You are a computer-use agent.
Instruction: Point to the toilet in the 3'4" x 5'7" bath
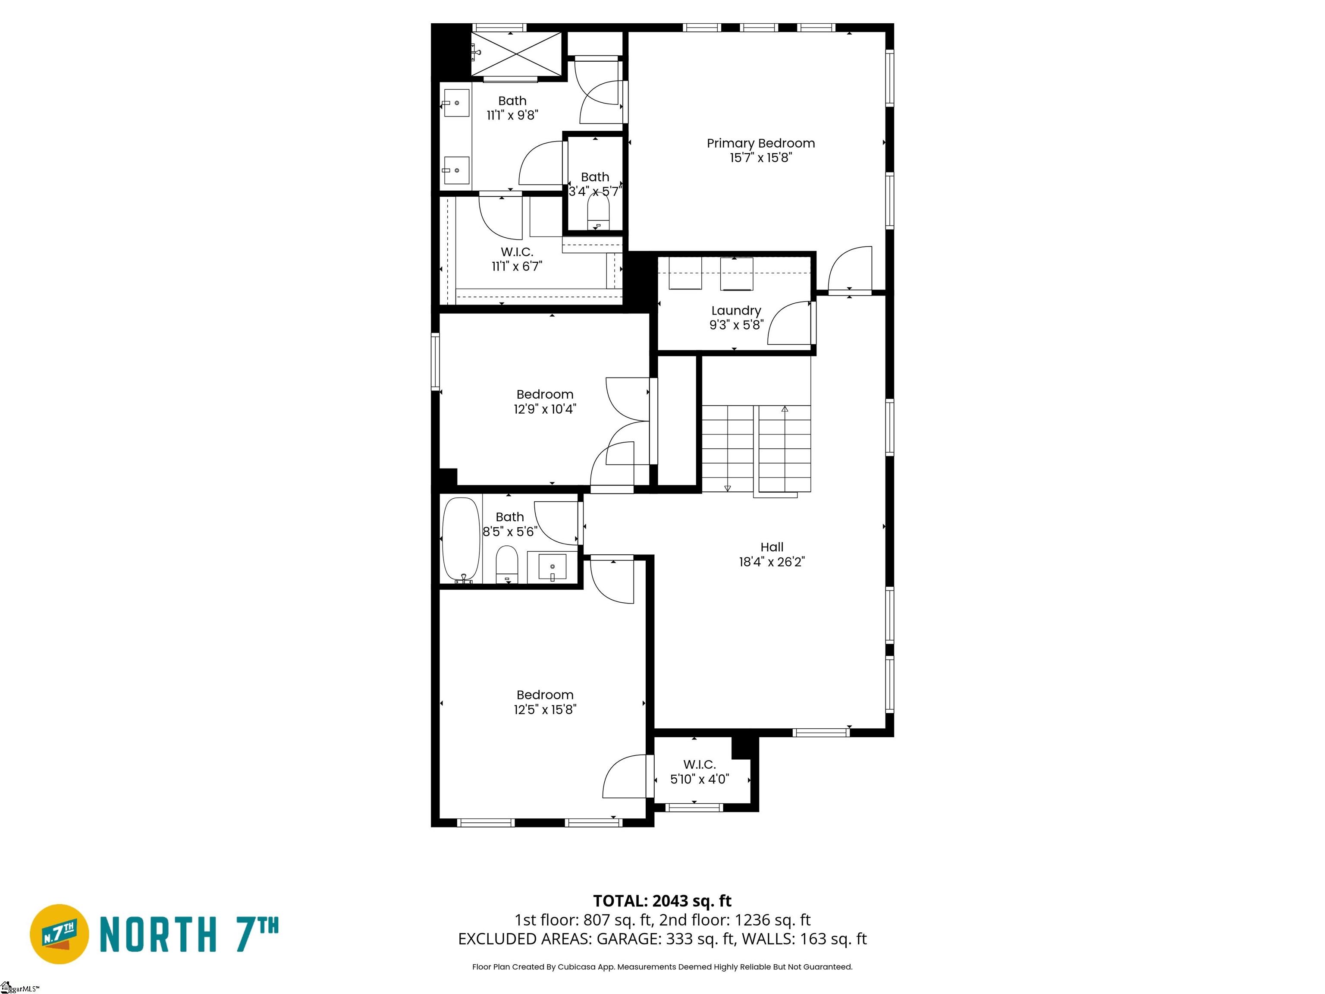598,211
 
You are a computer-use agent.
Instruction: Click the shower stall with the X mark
516,54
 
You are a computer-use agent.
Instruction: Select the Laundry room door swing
789,324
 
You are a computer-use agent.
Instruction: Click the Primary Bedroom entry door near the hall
849,270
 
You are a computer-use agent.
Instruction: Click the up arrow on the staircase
784,409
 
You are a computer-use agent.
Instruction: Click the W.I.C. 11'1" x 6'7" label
516,259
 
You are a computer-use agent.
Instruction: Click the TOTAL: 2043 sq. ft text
662,901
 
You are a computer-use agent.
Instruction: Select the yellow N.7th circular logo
59,934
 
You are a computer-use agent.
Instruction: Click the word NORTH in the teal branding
157,934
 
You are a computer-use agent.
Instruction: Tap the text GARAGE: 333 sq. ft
665,939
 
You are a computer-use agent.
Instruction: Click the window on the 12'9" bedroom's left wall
436,362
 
